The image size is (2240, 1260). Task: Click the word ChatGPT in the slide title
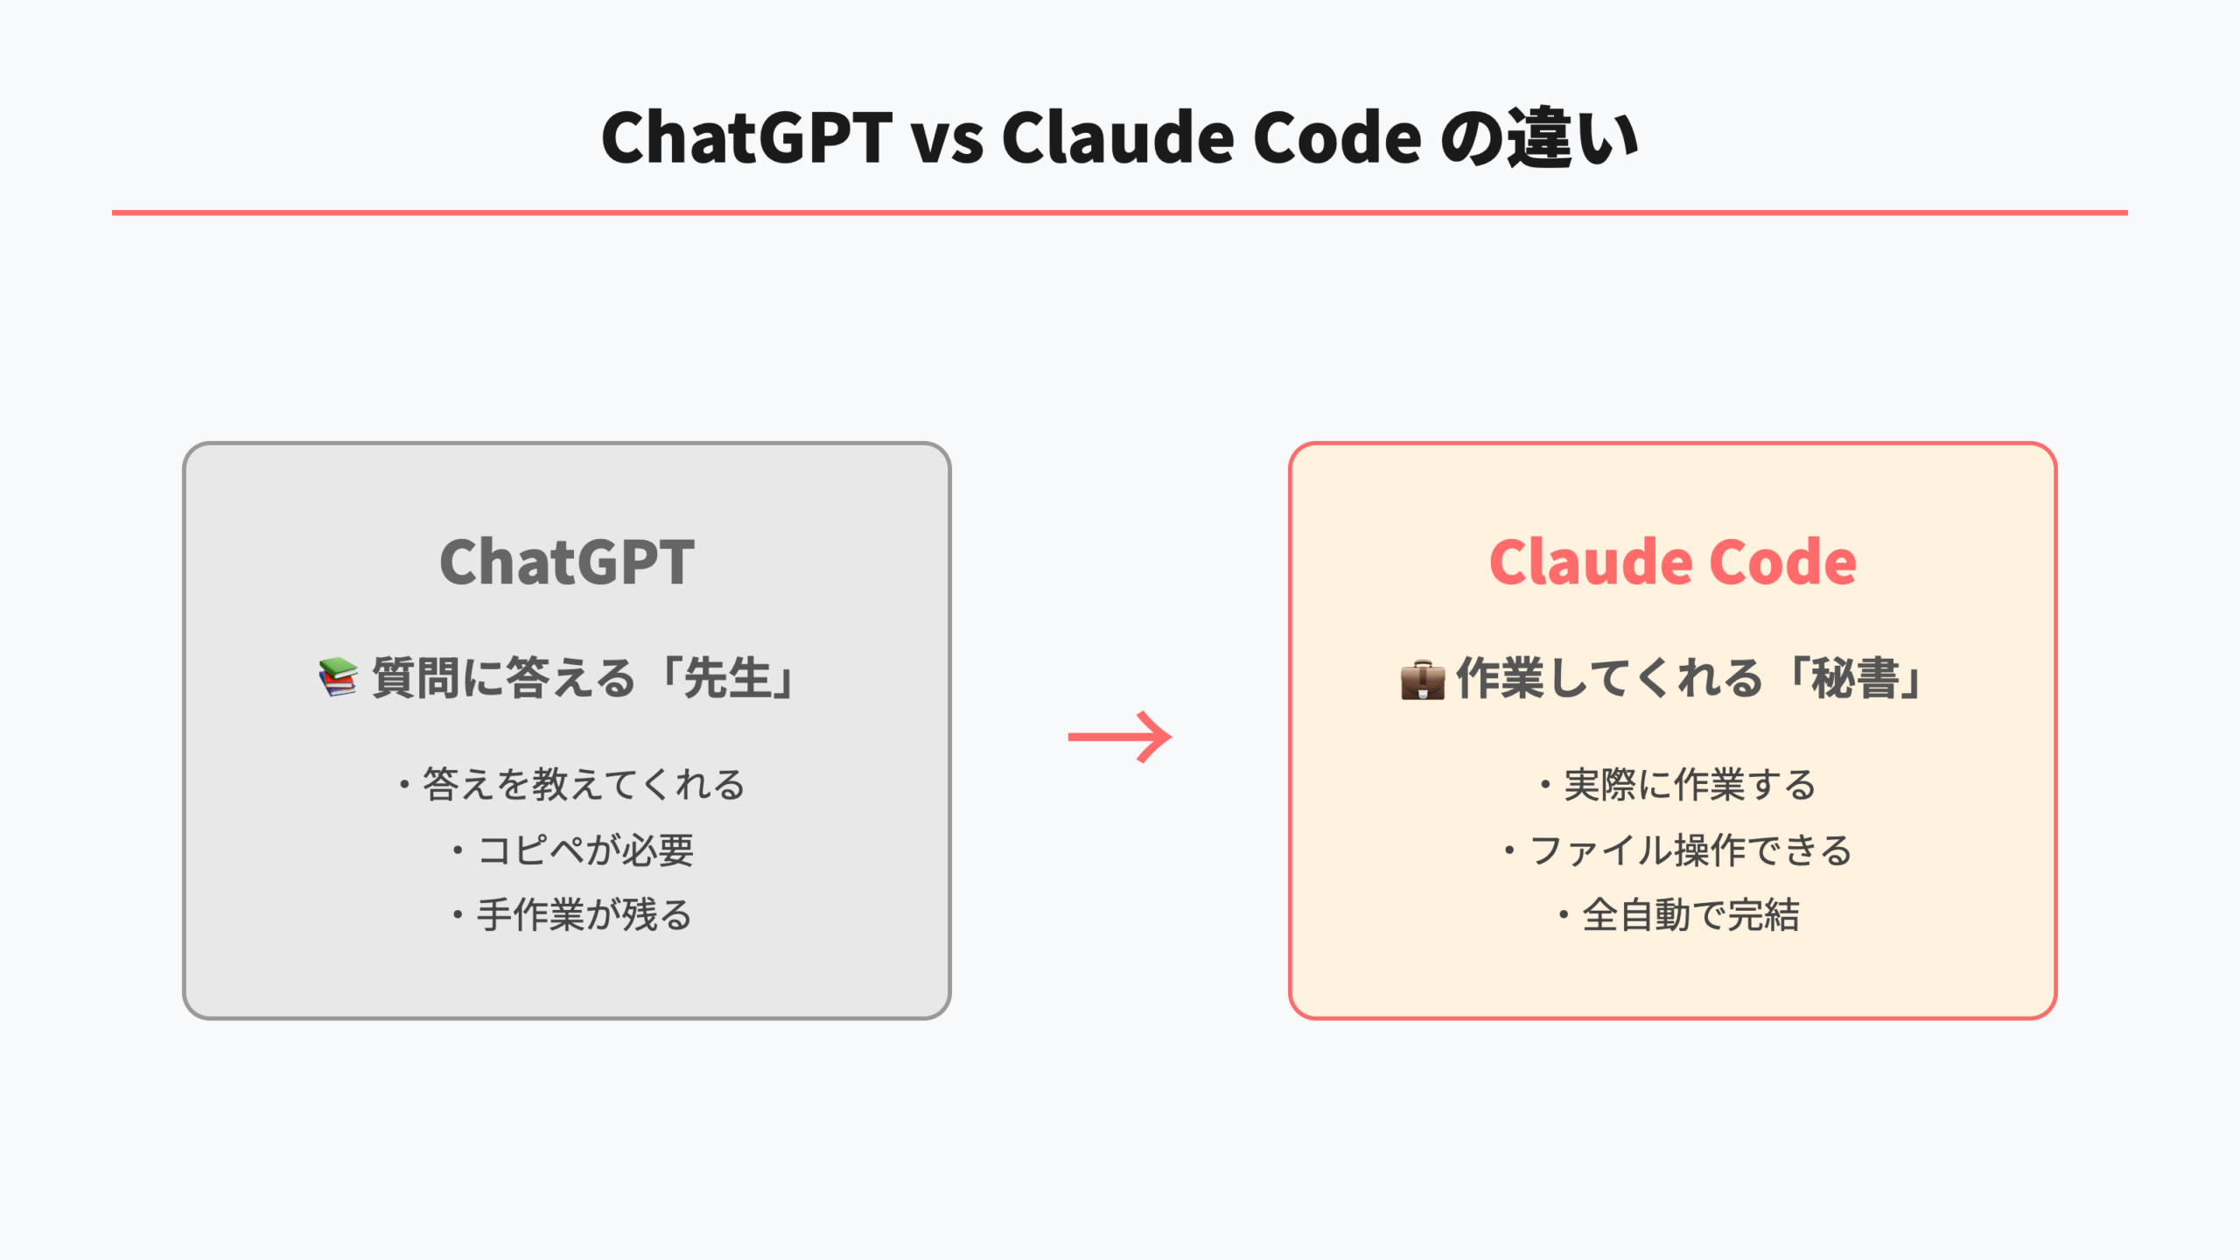point(746,138)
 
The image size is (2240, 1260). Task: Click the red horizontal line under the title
point(1120,213)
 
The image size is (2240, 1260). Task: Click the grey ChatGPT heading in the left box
point(567,562)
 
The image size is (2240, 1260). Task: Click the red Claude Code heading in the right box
point(1672,562)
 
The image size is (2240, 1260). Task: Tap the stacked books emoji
point(338,678)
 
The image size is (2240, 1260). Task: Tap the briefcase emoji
point(1422,680)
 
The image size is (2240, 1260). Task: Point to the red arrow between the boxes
point(1120,737)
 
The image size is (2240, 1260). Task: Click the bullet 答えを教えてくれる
point(583,785)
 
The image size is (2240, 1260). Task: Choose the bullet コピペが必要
point(584,850)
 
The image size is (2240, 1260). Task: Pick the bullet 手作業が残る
point(584,916)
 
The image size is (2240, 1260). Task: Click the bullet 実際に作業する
point(1690,785)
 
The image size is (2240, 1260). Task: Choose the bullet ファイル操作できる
point(1690,850)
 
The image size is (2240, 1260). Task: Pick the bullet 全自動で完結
point(1690,916)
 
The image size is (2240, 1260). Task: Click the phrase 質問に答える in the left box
point(503,679)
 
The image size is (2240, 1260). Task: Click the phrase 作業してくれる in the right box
point(1608,679)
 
